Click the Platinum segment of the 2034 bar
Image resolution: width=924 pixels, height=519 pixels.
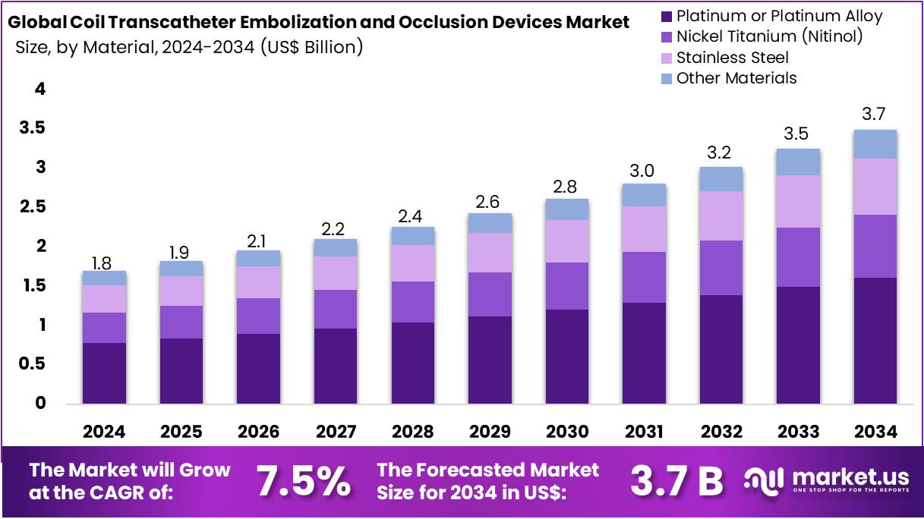[x=875, y=340]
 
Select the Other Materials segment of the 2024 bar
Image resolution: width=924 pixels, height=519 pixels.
[x=104, y=278]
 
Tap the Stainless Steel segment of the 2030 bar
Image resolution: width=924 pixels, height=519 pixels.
[x=566, y=241]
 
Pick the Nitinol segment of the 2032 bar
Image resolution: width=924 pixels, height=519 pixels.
[x=721, y=268]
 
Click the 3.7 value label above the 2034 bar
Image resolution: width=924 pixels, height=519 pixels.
[x=875, y=115]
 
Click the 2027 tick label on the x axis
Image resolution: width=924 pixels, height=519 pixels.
[x=336, y=432]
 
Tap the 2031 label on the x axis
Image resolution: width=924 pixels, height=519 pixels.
[x=644, y=432]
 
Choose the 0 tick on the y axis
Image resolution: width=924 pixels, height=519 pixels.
[x=40, y=404]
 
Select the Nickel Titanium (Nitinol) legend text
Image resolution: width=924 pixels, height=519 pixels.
[x=769, y=36]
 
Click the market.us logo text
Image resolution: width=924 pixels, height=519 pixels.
[x=850, y=477]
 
